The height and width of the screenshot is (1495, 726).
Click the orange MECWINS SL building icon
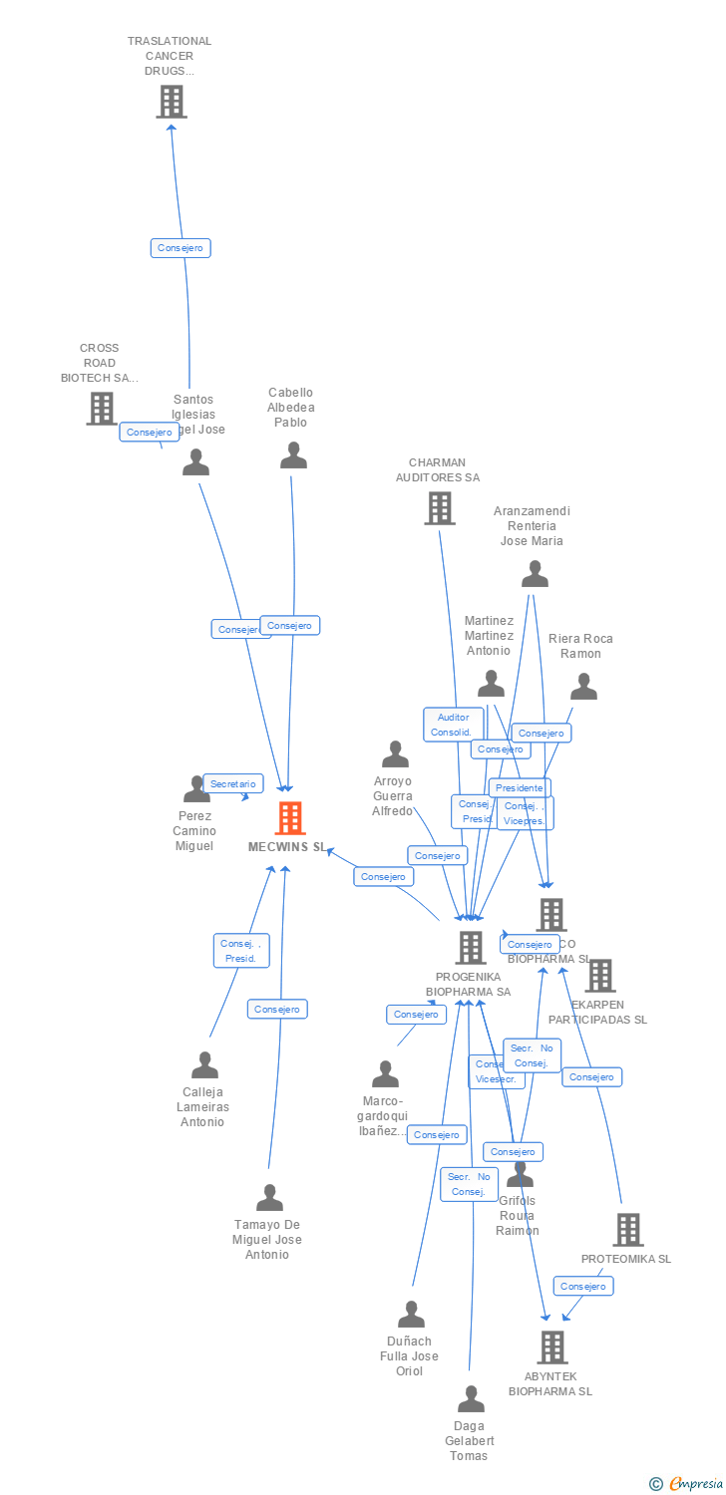click(290, 818)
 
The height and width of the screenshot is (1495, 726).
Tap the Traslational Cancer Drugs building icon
click(172, 101)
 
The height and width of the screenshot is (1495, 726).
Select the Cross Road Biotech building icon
click(101, 408)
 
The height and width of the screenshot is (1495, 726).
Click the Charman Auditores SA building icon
click(439, 507)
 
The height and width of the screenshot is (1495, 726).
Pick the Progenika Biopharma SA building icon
click(471, 948)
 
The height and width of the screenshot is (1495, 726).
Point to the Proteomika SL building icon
click(627, 1230)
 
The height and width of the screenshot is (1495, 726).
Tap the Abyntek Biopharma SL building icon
click(551, 1347)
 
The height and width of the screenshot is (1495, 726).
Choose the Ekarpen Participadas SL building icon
click(599, 976)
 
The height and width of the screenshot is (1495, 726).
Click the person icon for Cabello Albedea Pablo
click(293, 455)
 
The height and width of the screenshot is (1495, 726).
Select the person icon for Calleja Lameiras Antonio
click(204, 1065)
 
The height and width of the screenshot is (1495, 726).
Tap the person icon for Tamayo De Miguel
click(269, 1198)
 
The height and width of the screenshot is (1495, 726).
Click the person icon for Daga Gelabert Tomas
click(471, 1399)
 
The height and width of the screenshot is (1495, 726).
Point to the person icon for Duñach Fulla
click(411, 1315)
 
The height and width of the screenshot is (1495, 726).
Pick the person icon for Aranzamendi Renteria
click(535, 574)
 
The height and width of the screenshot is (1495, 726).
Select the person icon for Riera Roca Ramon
click(583, 687)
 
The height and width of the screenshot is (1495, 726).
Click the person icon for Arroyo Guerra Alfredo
click(396, 754)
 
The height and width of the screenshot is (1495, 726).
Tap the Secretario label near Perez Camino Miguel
click(233, 784)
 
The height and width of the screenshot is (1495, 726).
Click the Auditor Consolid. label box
click(453, 725)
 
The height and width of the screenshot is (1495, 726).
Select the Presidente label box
click(519, 788)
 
